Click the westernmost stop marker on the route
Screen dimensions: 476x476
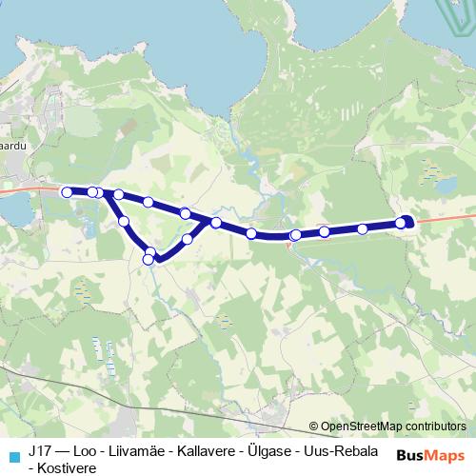(x=67, y=192)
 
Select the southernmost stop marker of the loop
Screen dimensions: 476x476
(x=148, y=259)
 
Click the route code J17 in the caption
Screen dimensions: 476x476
(x=39, y=450)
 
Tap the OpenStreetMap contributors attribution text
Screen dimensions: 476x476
(x=392, y=426)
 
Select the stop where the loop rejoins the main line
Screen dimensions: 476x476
(x=216, y=223)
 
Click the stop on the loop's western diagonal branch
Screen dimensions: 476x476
(x=124, y=221)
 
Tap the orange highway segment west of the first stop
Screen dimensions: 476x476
(x=29, y=190)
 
